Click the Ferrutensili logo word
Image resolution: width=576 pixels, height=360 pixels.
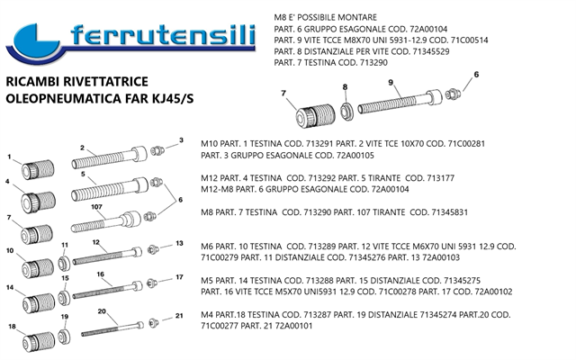click(x=163, y=36)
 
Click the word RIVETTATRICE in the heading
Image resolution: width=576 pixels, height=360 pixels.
click(x=106, y=82)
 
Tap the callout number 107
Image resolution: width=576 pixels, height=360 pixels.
click(x=96, y=207)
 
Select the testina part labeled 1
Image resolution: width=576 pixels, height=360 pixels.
click(x=38, y=169)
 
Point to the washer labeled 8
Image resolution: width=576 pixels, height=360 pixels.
click(x=346, y=112)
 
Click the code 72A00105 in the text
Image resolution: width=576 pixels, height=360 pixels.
click(x=355, y=156)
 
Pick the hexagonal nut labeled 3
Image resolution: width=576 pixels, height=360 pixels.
click(x=157, y=150)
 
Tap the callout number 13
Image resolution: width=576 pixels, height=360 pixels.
click(x=179, y=243)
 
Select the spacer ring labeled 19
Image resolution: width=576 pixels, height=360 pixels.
click(x=64, y=337)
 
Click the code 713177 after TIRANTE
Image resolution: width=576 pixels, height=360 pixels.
click(x=440, y=178)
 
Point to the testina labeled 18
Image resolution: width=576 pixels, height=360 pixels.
click(x=39, y=342)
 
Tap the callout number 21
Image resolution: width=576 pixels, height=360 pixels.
click(x=179, y=316)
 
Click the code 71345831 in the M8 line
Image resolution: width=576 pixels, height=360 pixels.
click(x=450, y=212)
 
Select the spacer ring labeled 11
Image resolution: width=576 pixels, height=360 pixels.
click(x=65, y=264)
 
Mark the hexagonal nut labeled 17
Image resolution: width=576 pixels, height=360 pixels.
click(x=152, y=283)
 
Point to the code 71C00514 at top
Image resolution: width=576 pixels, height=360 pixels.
click(x=470, y=40)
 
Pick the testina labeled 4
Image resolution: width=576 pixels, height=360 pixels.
click(x=38, y=202)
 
